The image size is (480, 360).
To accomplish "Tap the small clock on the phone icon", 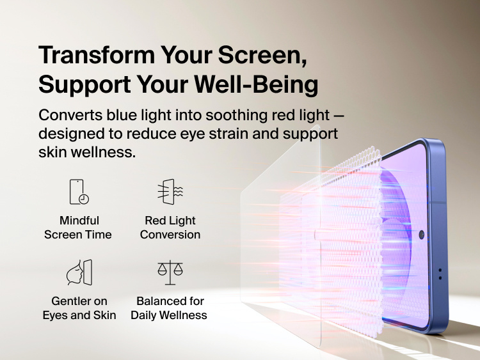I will point(84,199).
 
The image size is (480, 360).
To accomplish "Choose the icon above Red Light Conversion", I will point(170,192).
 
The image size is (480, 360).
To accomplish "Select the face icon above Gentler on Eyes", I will point(79,272).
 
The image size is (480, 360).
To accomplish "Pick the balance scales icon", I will point(170,272).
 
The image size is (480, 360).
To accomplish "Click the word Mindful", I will point(79,221).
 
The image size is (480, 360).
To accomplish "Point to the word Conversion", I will point(170,235).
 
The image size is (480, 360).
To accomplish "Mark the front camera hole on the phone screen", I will point(422,235).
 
